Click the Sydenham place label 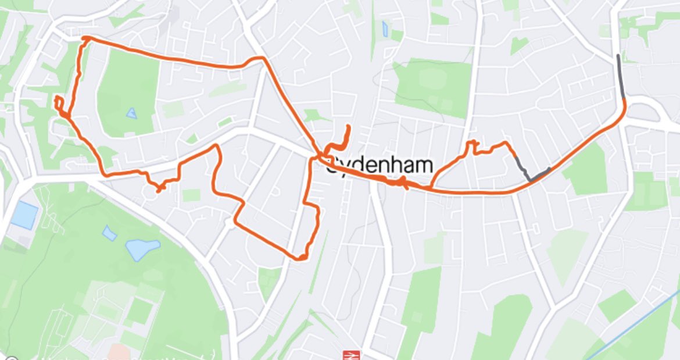coord(380,165)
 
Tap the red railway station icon coord(349,355)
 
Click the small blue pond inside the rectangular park coord(132,113)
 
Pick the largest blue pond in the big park coord(142,249)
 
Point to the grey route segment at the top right coord(621,76)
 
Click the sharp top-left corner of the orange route coord(84,38)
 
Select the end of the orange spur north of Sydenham coord(349,126)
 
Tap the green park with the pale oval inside coord(433,84)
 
